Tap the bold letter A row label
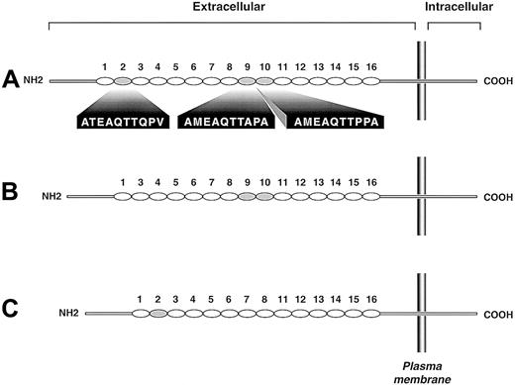coord(12,80)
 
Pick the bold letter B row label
coord(12,196)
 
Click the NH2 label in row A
coord(36,81)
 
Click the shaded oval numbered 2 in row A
coord(123,81)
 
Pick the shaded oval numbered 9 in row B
coord(247,197)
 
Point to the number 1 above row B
coord(123,182)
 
